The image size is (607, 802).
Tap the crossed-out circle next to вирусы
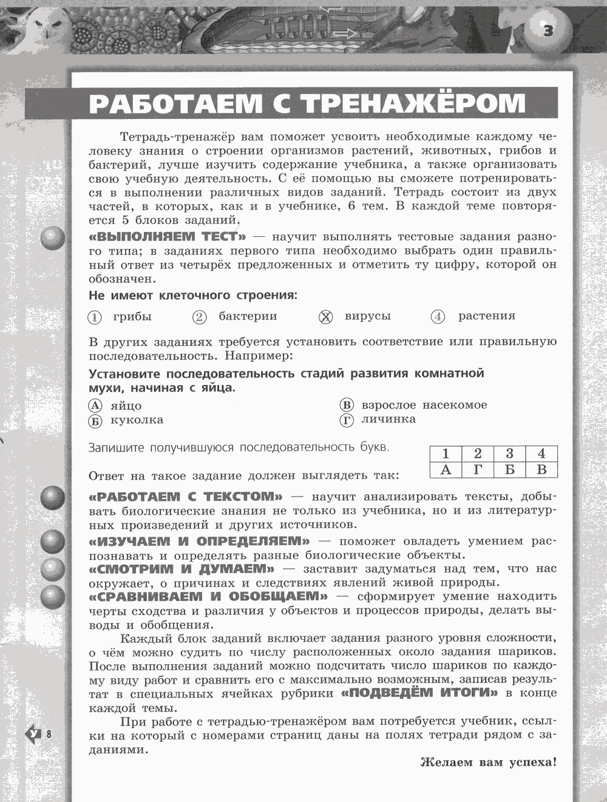[x=326, y=316]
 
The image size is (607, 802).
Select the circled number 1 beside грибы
[x=95, y=317]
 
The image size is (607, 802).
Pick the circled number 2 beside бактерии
[x=200, y=317]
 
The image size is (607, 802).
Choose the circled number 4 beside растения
[x=438, y=317]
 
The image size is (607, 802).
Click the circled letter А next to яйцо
[x=95, y=406]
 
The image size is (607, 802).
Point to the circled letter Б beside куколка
[x=95, y=420]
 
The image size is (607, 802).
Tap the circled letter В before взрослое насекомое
[x=347, y=405]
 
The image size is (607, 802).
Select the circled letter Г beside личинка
[x=347, y=420]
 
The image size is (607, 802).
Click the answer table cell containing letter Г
[x=478, y=469]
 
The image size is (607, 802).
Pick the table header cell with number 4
[x=541, y=454]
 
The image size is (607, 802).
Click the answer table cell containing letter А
[x=446, y=469]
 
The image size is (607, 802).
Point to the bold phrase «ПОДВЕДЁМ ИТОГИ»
[x=420, y=693]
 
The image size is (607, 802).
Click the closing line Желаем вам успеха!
[x=488, y=763]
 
